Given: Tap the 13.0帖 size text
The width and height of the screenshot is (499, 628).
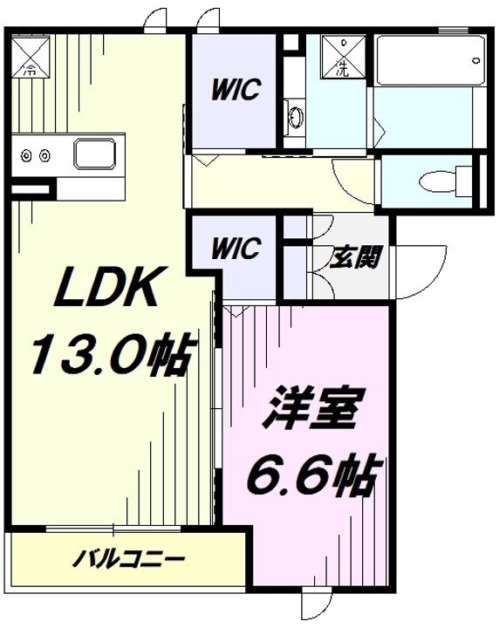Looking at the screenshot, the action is [113, 353].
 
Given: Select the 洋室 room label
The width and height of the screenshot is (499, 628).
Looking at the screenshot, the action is [310, 408].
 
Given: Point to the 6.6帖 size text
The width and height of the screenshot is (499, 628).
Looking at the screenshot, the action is [311, 474].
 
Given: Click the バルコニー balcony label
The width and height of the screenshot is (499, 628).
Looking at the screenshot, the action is [129, 558].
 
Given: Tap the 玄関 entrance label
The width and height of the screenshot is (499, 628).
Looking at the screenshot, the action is [354, 256].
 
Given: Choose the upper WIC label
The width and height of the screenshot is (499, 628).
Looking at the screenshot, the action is [236, 90].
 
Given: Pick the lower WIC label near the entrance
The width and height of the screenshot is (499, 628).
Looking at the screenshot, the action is [236, 249].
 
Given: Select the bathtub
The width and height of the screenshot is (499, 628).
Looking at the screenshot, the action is [429, 60].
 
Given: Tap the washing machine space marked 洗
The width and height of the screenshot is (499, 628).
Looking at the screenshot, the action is [345, 57].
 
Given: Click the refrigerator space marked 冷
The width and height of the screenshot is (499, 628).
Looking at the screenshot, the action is [31, 57].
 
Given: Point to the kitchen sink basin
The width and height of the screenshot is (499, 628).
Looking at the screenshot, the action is [95, 154].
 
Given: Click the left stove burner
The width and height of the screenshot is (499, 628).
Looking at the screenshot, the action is [27, 154].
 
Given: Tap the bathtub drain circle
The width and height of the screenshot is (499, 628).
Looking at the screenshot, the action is [476, 61].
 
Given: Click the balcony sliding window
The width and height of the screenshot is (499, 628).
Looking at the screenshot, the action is [113, 529].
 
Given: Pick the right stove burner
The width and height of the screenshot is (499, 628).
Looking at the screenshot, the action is [45, 154].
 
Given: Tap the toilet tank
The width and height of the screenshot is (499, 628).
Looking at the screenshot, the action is [465, 182].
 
